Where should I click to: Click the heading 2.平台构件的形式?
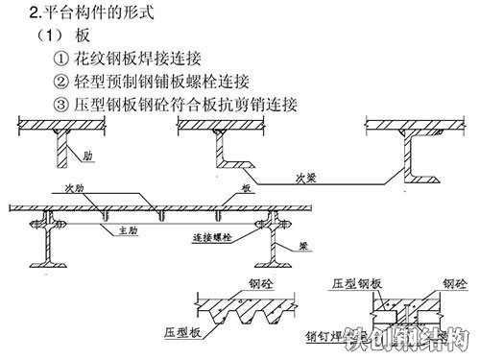click(x=91, y=14)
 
